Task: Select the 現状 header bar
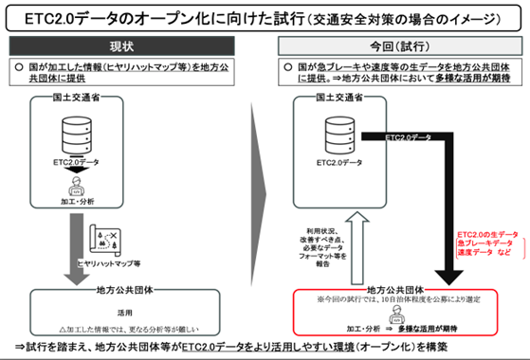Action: tap(125, 46)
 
